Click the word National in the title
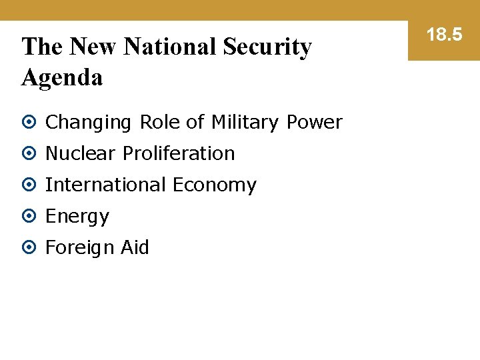pyautogui.click(x=171, y=47)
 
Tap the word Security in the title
pyautogui.click(x=268, y=47)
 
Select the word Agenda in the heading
pyautogui.click(x=62, y=78)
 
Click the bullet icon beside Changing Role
pyautogui.click(x=29, y=123)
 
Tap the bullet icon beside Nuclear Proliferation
pyautogui.click(x=29, y=154)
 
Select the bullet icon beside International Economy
pyautogui.click(x=29, y=185)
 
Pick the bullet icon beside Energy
pyautogui.click(x=29, y=217)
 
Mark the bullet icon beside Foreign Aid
pyautogui.click(x=29, y=248)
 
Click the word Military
pyautogui.click(x=245, y=123)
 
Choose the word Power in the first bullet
pyautogui.click(x=314, y=123)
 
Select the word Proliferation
pyautogui.click(x=179, y=153)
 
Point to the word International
pyautogui.click(x=105, y=185)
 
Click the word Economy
pyautogui.click(x=214, y=185)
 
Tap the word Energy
pyautogui.click(x=77, y=217)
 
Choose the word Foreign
pyautogui.click(x=80, y=248)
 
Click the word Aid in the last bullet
pyautogui.click(x=135, y=247)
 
